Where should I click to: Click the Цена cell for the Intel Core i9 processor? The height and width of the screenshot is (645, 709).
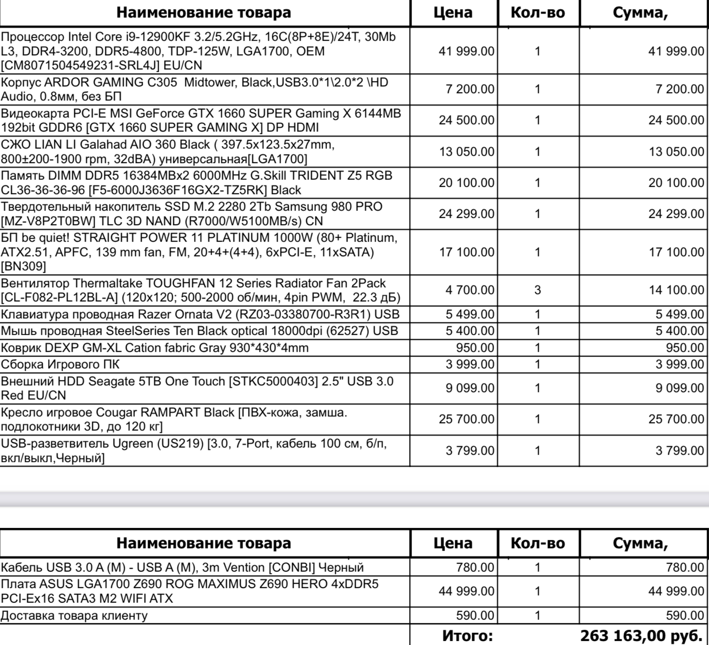point(466,51)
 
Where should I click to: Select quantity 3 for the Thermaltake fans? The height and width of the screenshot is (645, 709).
point(538,290)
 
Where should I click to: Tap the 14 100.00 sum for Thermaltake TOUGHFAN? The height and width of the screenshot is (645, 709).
point(676,290)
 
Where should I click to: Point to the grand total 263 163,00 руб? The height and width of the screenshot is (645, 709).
point(641,635)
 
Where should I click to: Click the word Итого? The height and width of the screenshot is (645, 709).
point(467,635)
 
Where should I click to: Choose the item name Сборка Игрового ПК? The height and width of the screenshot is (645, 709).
point(60,364)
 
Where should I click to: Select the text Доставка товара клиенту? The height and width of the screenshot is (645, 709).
point(74,615)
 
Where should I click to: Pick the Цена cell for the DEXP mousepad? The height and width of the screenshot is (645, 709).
point(475,348)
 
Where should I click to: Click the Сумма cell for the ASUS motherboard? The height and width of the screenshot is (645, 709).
point(676,591)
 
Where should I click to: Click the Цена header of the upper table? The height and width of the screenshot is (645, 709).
point(453,13)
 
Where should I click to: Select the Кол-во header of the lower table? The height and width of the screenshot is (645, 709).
point(538,543)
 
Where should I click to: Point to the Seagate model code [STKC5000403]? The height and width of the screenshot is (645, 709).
point(275,381)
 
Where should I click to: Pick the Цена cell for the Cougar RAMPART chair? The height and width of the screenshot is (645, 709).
point(466,419)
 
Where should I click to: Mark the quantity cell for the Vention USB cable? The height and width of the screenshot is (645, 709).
point(538,567)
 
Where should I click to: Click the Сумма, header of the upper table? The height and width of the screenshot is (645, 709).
point(640,13)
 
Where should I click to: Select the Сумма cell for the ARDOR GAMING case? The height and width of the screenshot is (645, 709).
point(679,89)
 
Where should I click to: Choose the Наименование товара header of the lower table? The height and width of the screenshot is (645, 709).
point(204,543)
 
